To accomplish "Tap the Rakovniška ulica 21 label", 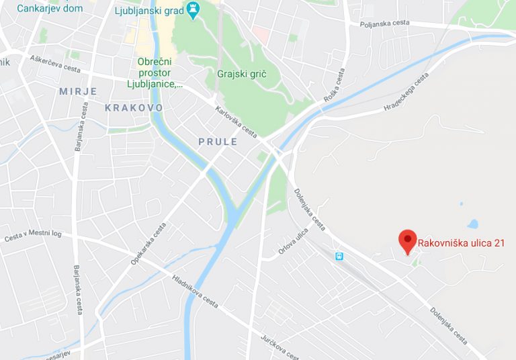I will (461, 243).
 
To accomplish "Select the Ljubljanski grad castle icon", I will (194, 9).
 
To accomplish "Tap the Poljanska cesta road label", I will (384, 22).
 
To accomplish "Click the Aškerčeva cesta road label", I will (55, 64).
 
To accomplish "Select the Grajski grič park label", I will (242, 74).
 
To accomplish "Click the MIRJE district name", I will (78, 91).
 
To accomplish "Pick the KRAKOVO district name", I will (134, 107).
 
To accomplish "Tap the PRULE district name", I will (218, 142).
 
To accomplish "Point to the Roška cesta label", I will (336, 85).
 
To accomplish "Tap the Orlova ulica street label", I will (294, 242).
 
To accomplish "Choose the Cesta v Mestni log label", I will (33, 236).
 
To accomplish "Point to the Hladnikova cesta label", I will (195, 291).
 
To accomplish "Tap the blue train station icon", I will (340, 256).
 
